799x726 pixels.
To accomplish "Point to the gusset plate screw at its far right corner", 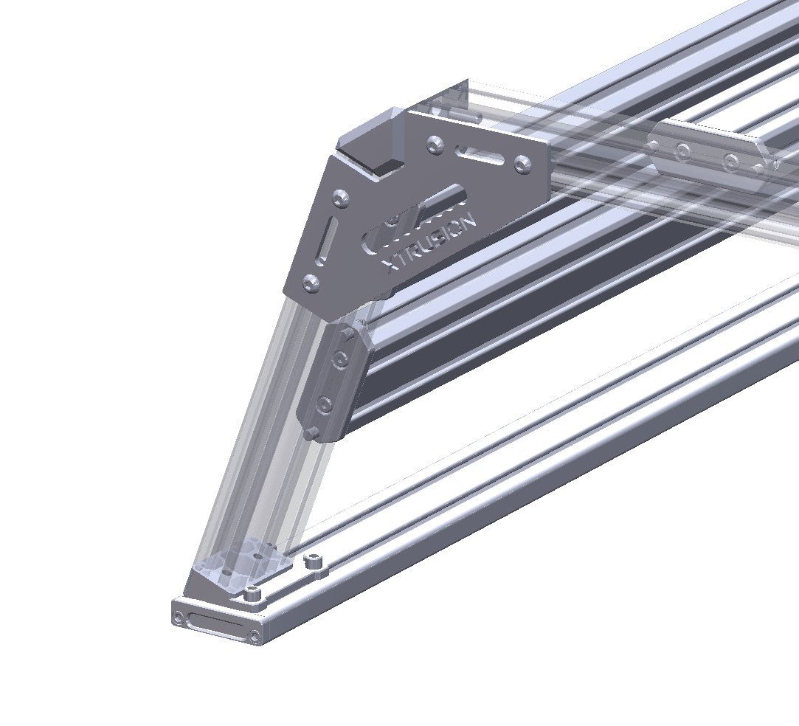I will pyautogui.click(x=523, y=164).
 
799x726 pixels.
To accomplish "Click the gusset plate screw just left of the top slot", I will pyautogui.click(x=436, y=145).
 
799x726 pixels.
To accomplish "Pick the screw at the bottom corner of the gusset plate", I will pyautogui.click(x=311, y=282).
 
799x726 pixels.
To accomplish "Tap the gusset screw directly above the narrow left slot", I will pyautogui.click(x=340, y=198).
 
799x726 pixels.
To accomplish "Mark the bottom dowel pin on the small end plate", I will pyautogui.click(x=314, y=431).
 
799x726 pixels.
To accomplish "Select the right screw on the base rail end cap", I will pyautogui.click(x=255, y=635).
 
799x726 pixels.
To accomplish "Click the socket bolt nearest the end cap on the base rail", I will pyautogui.click(x=253, y=592).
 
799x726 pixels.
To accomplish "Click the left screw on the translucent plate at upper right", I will pyautogui.click(x=684, y=153).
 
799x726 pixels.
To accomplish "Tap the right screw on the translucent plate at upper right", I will pyautogui.click(x=731, y=162).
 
